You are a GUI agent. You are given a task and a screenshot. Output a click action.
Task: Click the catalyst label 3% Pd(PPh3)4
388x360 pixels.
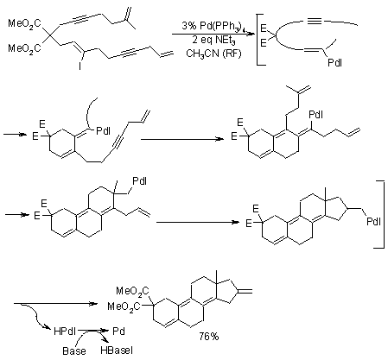coord(213,26)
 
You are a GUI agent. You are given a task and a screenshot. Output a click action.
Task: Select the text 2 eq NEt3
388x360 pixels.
coord(213,40)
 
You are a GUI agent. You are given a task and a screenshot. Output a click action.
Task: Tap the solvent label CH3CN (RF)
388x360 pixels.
coord(213,54)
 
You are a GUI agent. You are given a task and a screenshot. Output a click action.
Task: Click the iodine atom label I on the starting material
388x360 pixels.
coord(80,66)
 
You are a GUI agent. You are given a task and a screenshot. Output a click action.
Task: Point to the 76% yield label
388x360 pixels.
coord(209,336)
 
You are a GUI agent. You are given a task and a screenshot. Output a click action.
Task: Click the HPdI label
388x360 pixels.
coord(65,332)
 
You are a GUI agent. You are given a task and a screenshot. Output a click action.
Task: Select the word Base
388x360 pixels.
coord(74,351)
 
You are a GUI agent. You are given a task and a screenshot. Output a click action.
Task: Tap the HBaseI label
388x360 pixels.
coord(117,351)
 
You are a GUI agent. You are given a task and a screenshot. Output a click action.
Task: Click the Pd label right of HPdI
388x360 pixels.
coord(118,332)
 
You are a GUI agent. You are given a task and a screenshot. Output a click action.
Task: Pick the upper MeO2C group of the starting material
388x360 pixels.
coord(24,23)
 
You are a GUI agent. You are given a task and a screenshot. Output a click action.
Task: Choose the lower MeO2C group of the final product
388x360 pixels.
coord(124,306)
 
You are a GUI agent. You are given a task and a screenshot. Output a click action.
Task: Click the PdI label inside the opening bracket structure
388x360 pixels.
coord(334,63)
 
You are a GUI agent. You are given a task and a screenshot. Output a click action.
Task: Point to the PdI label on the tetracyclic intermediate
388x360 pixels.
coord(373,222)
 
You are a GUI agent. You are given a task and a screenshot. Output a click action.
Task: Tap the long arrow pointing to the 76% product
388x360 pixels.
coord(55,304)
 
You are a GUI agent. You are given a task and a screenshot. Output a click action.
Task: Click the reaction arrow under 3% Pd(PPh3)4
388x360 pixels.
coord(213,34)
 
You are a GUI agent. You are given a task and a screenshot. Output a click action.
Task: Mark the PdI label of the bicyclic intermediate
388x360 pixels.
coord(103,131)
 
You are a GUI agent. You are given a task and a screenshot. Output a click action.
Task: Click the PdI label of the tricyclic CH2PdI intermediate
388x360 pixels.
coord(139,181)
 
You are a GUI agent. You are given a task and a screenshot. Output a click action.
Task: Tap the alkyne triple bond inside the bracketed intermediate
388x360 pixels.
coord(315,21)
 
